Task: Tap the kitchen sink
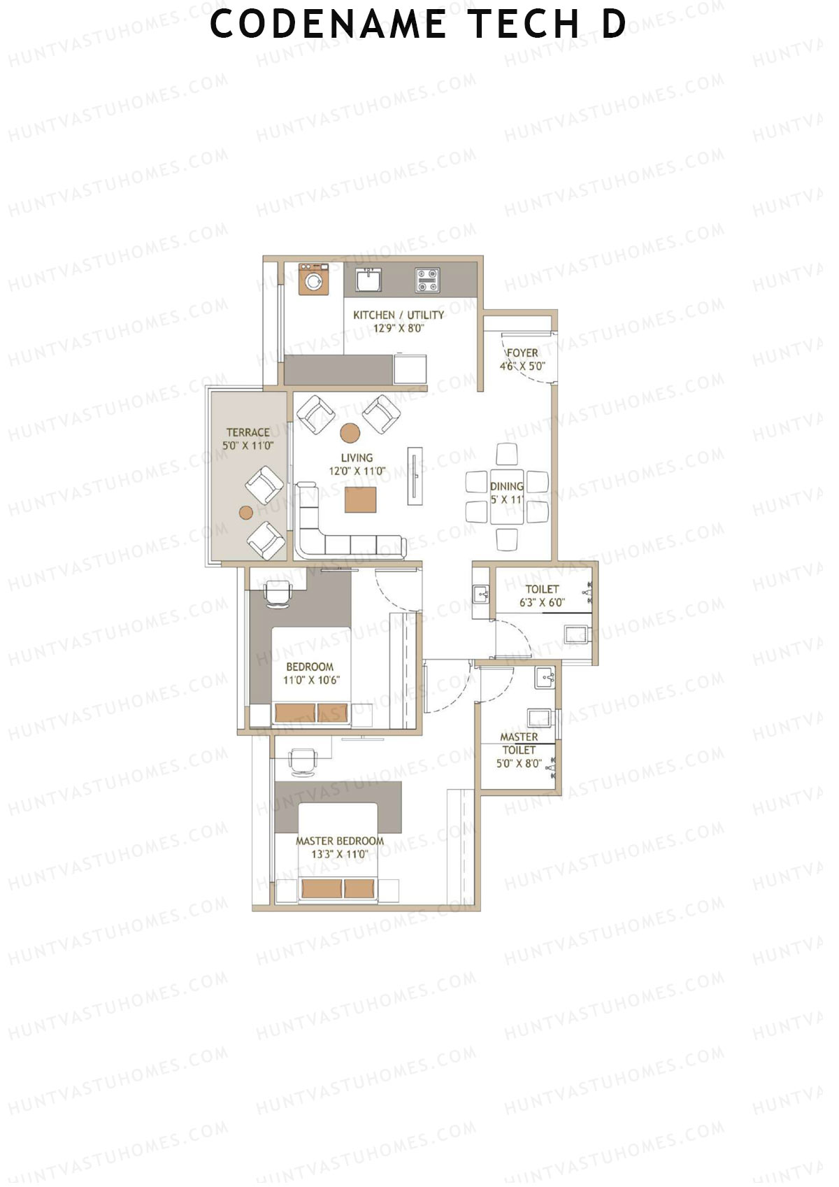368,280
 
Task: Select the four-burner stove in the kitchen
426,280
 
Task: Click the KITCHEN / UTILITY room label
398,315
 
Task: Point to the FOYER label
522,353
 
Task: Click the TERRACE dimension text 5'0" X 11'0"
248,446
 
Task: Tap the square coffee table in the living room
361,500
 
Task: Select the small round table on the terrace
245,513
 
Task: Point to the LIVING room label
357,458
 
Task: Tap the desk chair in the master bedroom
303,762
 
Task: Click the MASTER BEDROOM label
340,841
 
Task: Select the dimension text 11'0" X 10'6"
311,680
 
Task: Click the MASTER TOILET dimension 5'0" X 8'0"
519,763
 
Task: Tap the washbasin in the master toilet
545,676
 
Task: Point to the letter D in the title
614,24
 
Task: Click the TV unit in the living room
415,476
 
